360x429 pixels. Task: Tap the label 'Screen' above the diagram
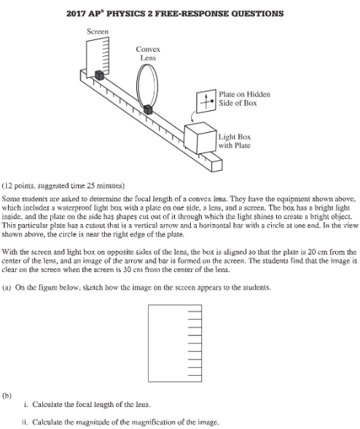click(98, 31)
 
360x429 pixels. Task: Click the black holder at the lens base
click(148, 110)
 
